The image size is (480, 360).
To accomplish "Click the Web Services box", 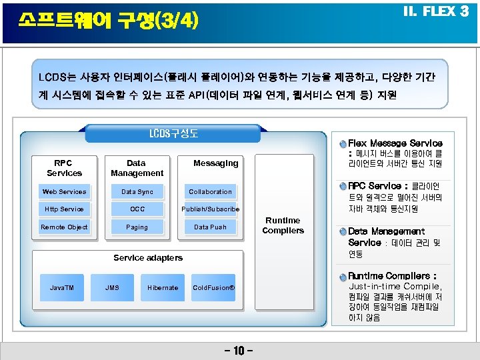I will [x=64, y=192].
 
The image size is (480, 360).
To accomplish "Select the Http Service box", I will [x=64, y=209].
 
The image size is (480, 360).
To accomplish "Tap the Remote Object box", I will [x=64, y=227].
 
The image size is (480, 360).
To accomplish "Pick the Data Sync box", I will [x=137, y=192].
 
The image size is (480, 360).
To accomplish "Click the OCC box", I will [x=137, y=209].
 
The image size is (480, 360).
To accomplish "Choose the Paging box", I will [x=137, y=227].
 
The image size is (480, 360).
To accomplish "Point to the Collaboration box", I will [x=210, y=192].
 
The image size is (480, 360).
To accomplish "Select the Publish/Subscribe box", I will [x=210, y=209].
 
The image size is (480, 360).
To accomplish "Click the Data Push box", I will [x=210, y=227].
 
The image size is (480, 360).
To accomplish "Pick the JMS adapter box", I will [x=113, y=288].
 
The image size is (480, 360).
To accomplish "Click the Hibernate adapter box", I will [x=163, y=288].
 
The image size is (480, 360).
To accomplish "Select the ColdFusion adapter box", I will [x=213, y=288].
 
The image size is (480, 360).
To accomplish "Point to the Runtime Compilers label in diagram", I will [x=283, y=225].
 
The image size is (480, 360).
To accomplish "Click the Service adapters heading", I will [x=148, y=258].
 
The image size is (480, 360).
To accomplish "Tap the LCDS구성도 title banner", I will [x=173, y=133].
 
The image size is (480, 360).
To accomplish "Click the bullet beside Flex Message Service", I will [x=342, y=143].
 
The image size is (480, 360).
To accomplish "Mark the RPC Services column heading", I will [x=65, y=168].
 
